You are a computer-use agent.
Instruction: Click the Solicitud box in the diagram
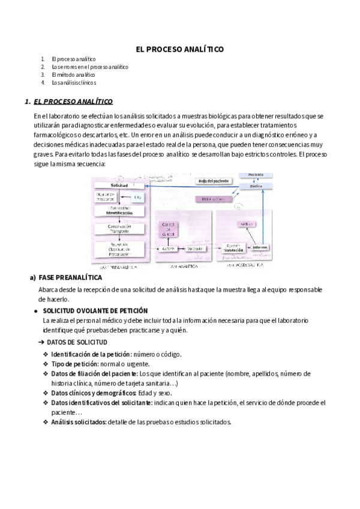point(119,185)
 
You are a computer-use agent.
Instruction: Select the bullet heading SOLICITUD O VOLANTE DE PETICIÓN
point(95,310)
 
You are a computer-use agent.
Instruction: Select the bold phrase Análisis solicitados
point(79,422)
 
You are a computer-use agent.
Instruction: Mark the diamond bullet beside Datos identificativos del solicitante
point(46,403)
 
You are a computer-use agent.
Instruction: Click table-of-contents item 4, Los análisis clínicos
point(74,83)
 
